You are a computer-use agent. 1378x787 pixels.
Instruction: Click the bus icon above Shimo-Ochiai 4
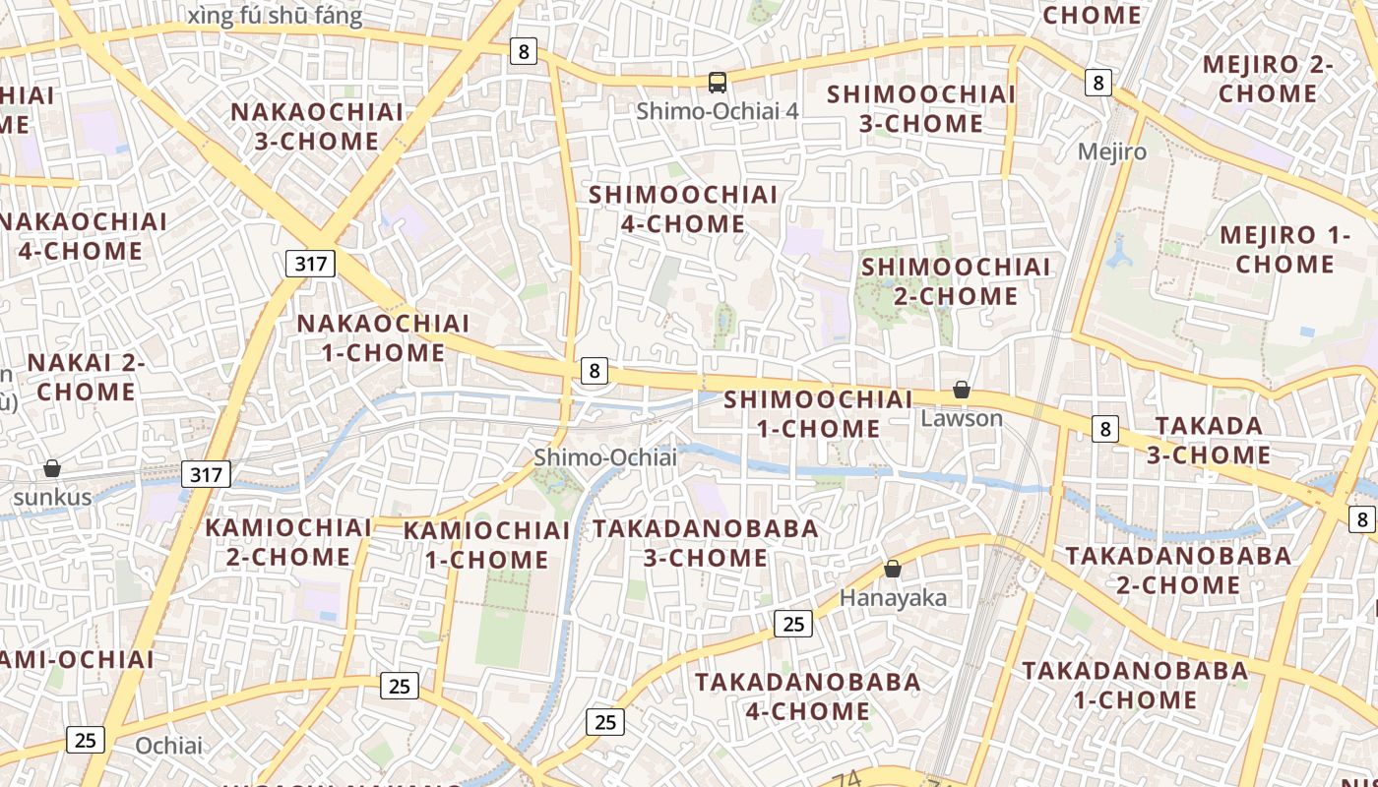click(x=718, y=83)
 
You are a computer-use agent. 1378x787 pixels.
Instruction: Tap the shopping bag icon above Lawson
click(x=962, y=391)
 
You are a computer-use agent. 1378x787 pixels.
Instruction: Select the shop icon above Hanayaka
click(x=893, y=569)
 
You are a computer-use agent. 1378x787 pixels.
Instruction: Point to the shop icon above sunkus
click(x=52, y=468)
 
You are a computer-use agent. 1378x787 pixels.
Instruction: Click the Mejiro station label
click(x=1112, y=151)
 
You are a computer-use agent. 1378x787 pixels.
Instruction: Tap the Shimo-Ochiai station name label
click(x=605, y=457)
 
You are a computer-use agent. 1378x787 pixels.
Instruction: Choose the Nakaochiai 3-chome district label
click(x=317, y=126)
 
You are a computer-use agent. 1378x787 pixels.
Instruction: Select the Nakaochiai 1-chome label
click(x=384, y=337)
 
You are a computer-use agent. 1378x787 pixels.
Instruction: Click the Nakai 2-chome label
click(x=87, y=377)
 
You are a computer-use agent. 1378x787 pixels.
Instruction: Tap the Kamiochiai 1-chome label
click(x=487, y=545)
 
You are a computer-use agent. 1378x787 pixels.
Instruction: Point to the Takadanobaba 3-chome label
click(x=706, y=543)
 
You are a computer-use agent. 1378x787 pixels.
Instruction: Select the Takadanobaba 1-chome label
click(x=1135, y=685)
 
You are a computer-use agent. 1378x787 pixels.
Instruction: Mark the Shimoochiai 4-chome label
click(x=683, y=209)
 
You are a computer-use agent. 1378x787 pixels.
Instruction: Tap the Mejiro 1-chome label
click(x=1284, y=249)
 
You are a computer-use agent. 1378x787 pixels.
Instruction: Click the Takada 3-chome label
click(x=1209, y=440)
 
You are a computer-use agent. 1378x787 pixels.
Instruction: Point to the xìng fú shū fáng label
click(x=275, y=16)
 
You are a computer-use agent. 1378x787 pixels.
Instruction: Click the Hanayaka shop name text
click(x=893, y=597)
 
